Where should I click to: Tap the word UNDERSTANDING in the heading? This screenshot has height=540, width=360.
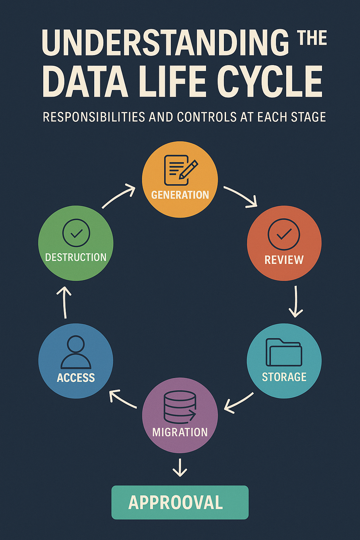point(165,43)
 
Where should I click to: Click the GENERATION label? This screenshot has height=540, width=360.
point(180,195)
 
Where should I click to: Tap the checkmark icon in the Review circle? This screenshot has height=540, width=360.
point(284,234)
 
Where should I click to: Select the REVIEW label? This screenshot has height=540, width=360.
point(284,260)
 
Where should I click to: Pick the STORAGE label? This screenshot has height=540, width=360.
point(284,377)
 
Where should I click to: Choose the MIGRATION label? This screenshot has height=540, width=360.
point(180,432)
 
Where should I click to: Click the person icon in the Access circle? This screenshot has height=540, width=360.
point(76,352)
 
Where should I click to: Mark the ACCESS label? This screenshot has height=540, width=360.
point(76,378)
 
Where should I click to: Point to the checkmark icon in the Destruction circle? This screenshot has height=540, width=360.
point(76,233)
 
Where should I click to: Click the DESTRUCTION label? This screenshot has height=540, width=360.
point(76,257)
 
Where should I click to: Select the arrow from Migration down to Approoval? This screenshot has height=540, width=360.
point(180,468)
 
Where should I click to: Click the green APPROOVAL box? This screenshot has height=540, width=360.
point(180,502)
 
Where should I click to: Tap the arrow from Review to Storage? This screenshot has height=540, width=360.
point(296,301)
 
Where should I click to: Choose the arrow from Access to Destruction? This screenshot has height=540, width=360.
point(64,302)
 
